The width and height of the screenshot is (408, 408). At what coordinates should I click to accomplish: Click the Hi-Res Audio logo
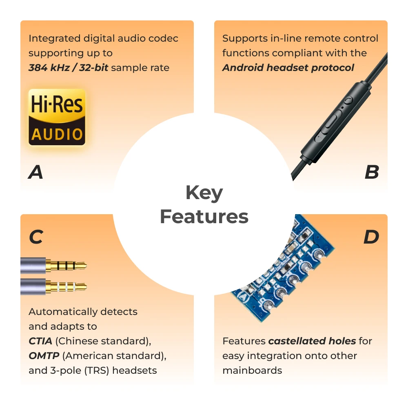(57, 117)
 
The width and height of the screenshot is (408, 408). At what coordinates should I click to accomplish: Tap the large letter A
(35, 172)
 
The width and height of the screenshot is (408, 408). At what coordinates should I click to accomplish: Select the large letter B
(372, 172)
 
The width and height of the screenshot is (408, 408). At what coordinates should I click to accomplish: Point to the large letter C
(36, 237)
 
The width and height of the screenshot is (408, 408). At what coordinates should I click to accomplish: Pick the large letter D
(371, 237)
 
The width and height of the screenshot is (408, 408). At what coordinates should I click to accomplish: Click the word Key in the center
(204, 193)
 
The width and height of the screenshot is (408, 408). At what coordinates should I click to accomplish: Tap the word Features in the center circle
(204, 217)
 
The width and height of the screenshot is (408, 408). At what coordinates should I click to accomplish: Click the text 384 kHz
(49, 68)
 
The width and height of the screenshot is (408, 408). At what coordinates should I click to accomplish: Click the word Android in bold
(243, 68)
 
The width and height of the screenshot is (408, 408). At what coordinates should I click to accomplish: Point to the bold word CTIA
(40, 341)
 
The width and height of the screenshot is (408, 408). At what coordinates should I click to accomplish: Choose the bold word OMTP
(44, 356)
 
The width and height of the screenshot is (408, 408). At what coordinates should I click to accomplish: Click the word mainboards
(252, 370)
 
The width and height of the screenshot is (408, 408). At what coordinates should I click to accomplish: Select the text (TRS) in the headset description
(97, 370)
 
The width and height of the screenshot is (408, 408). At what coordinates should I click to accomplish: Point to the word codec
(164, 38)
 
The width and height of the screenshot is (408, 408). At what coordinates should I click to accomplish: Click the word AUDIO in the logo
(57, 134)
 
